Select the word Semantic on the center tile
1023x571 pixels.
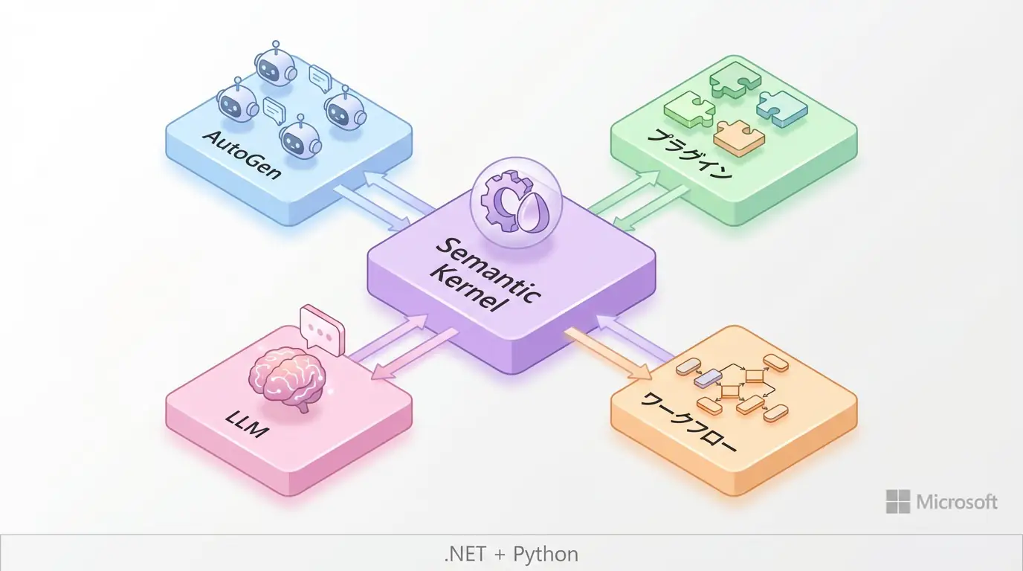pos(487,265)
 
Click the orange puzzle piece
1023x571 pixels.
pos(738,138)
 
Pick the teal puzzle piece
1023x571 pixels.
pos(781,106)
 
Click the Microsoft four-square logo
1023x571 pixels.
pos(897,502)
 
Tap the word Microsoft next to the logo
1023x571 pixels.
pos(957,502)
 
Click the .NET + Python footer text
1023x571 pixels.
pos(511,554)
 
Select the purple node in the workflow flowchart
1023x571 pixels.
pos(703,379)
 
